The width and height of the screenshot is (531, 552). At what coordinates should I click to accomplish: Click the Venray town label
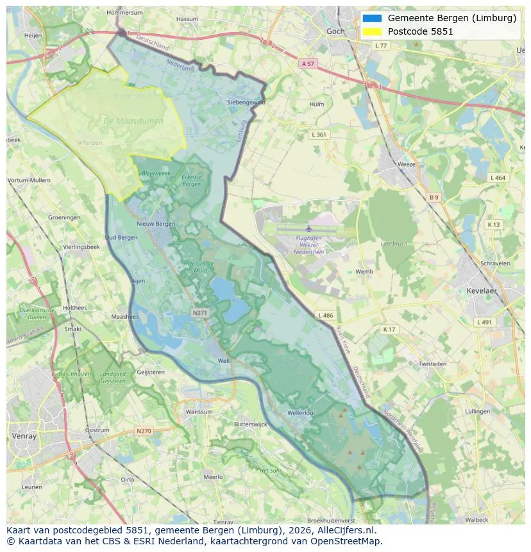point(24,436)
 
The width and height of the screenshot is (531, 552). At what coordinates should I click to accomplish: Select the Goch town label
point(335,31)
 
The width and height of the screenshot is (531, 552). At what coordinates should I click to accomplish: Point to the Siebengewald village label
point(246,102)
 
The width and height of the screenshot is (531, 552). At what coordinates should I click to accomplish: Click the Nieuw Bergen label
point(156,224)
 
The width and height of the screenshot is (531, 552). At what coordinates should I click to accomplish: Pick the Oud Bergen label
point(121,237)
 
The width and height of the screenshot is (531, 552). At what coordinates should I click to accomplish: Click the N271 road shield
point(200,313)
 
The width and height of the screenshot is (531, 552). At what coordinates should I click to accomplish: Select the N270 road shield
point(144,431)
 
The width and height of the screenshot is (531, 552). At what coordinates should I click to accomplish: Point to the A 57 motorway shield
point(308,63)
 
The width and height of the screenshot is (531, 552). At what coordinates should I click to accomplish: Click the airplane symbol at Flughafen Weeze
point(308,228)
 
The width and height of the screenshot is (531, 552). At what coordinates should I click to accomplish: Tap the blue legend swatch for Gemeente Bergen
point(372,19)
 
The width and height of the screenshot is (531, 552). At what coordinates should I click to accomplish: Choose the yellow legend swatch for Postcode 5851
point(372,31)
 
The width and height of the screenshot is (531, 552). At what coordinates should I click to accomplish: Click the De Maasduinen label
point(133,121)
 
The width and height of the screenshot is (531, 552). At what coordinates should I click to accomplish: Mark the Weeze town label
point(407,164)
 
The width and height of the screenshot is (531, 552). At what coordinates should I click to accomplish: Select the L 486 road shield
point(325,315)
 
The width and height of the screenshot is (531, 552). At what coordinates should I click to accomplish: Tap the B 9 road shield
point(434,197)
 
